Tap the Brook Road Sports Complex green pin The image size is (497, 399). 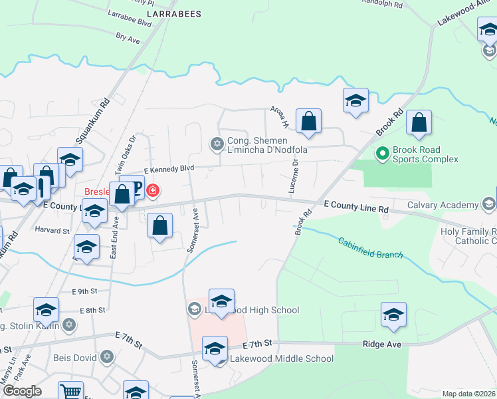pyautogui.click(x=382, y=154)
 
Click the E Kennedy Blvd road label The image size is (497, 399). pyautogui.click(x=168, y=169)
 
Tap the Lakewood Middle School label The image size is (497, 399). pyautogui.click(x=281, y=358)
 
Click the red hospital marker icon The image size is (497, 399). pyautogui.click(x=153, y=191)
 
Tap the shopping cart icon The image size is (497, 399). pyautogui.click(x=70, y=391)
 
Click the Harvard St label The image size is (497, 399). pyautogui.click(x=52, y=231)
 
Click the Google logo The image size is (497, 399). pyautogui.click(x=22, y=391)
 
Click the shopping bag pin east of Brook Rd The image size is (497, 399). pyautogui.click(x=419, y=123)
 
